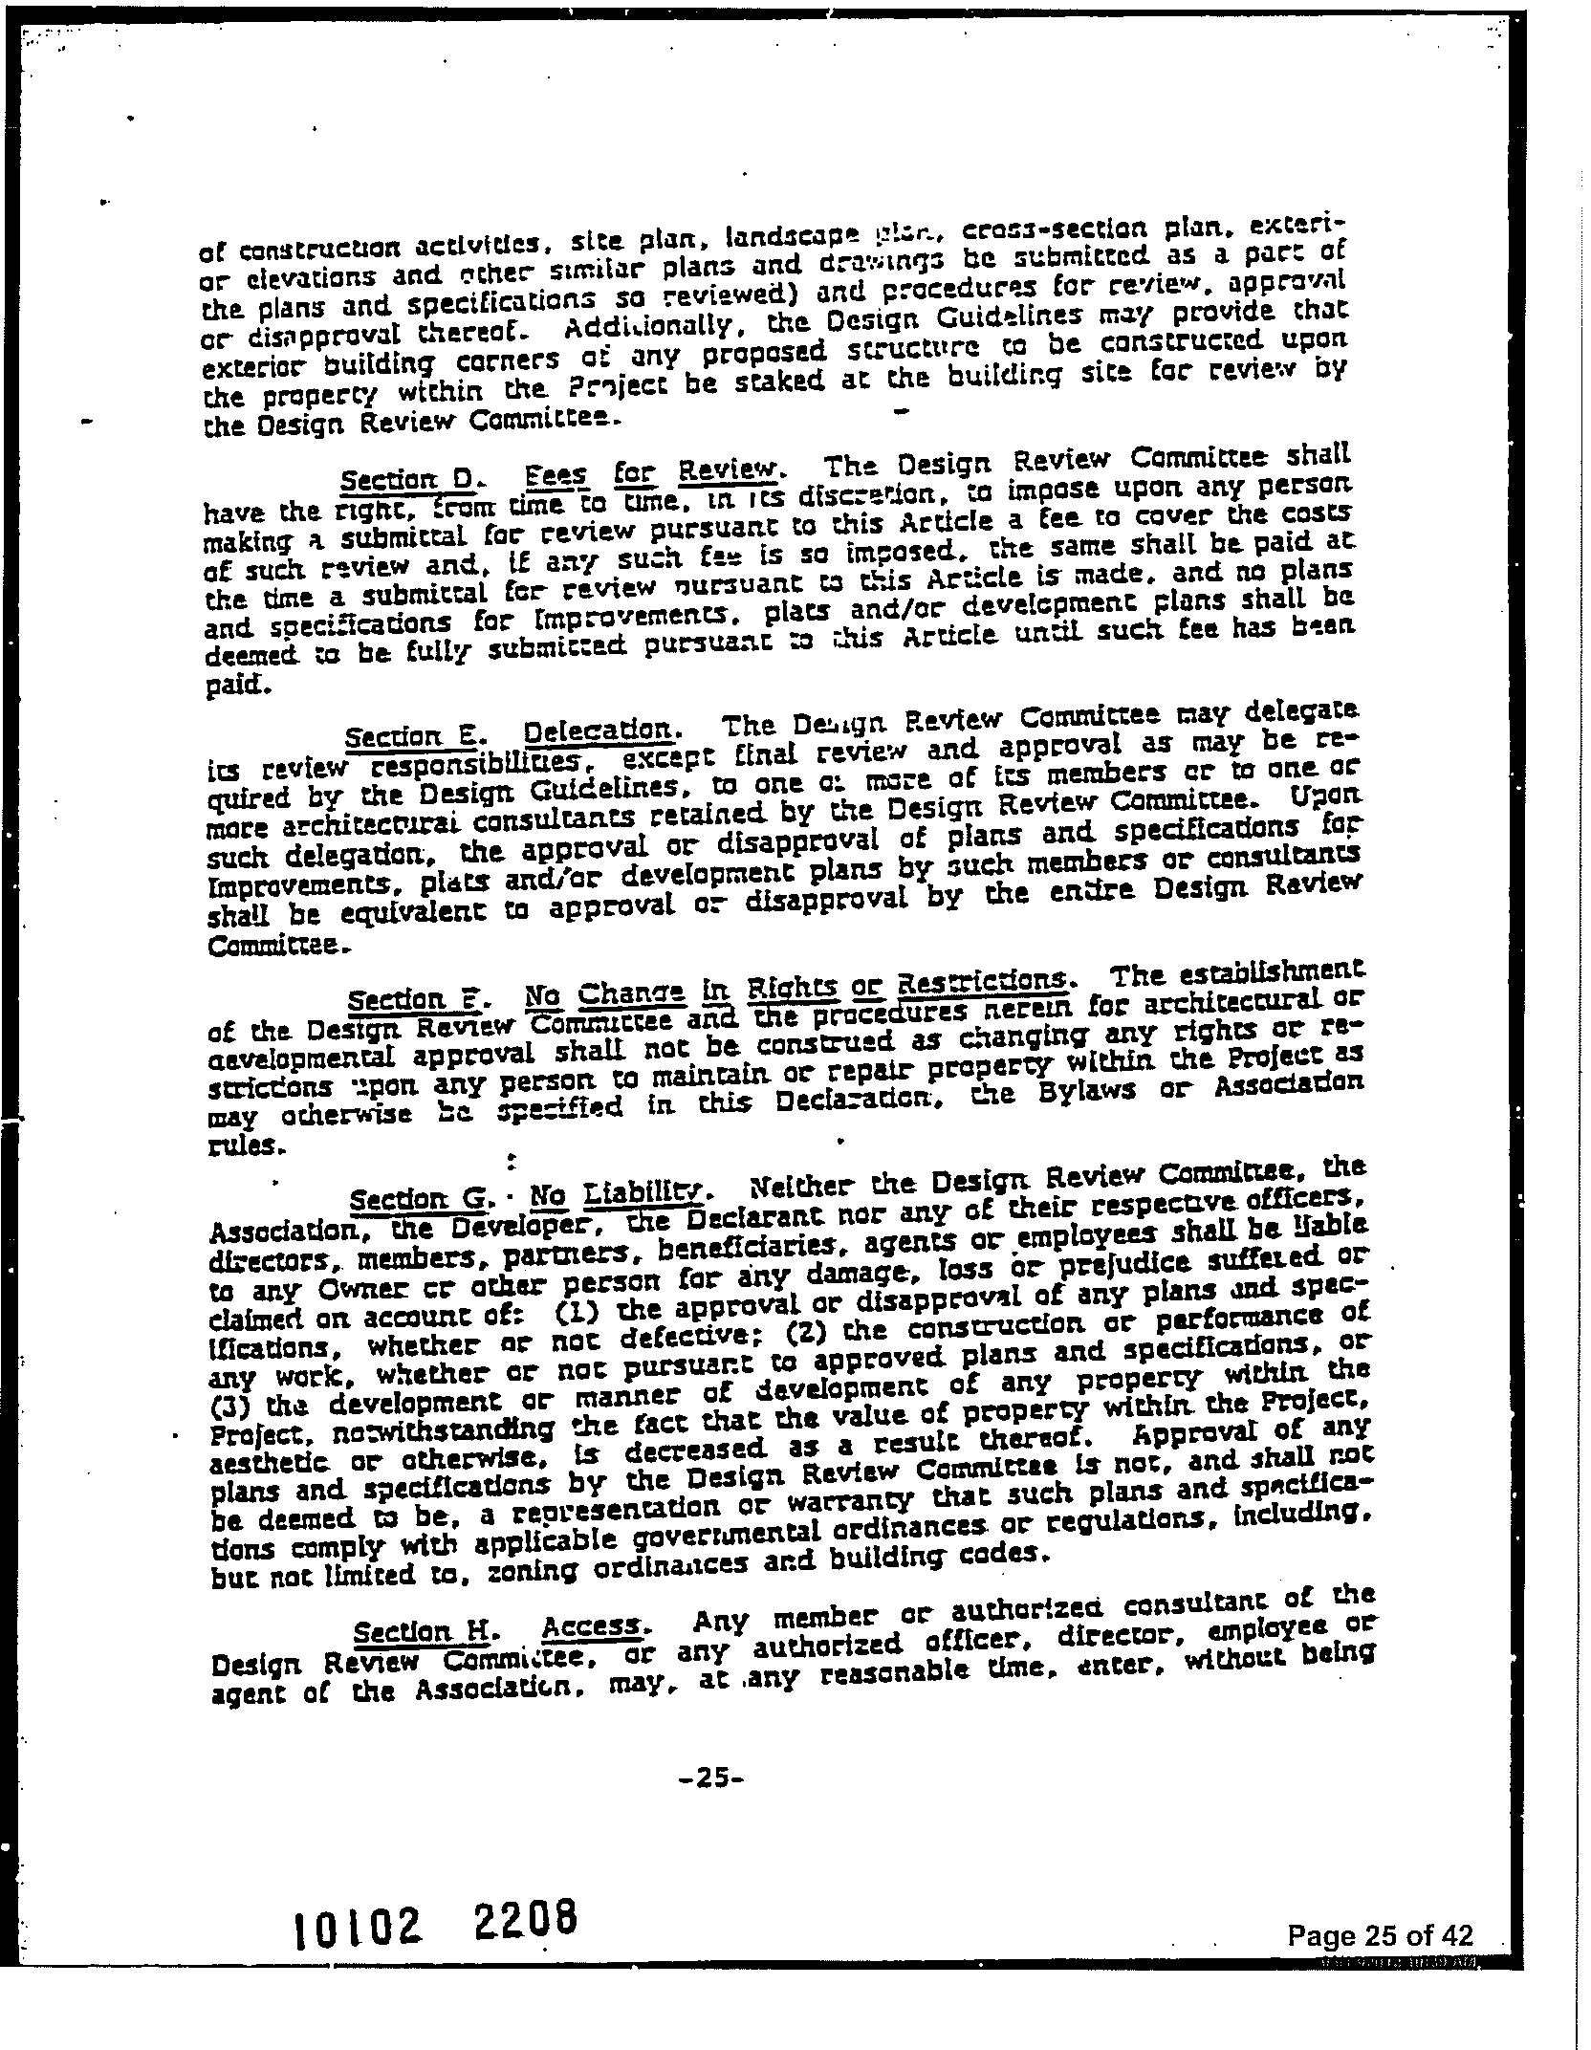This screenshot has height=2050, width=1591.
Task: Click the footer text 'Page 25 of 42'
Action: [1379, 1935]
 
